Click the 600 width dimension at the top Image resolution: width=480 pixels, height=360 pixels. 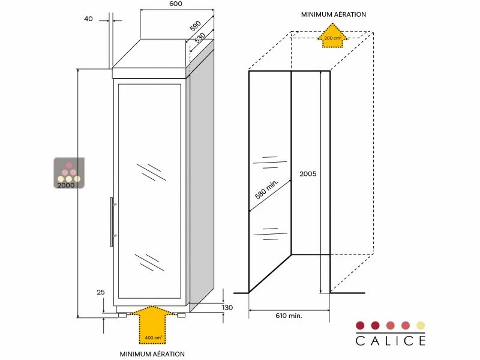click(x=175, y=4)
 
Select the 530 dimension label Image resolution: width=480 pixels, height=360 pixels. click(x=200, y=37)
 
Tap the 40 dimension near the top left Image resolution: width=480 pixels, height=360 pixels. click(x=89, y=19)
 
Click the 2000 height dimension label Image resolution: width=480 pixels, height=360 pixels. click(x=66, y=185)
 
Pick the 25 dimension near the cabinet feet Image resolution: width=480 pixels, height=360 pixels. click(x=100, y=292)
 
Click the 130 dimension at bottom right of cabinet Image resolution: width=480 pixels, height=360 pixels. click(x=227, y=308)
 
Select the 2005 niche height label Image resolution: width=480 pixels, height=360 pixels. click(x=307, y=174)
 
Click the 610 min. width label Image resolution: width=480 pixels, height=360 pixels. click(x=289, y=315)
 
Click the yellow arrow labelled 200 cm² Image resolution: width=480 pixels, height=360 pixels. click(x=332, y=35)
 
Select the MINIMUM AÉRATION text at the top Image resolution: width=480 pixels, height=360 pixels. click(x=334, y=14)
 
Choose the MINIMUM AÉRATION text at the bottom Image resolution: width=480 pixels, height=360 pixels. click(x=152, y=354)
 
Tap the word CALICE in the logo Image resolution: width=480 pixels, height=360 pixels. click(x=391, y=341)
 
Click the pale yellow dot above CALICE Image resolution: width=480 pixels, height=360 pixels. click(x=421, y=325)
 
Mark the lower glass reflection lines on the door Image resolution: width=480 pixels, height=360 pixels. click(x=150, y=261)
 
